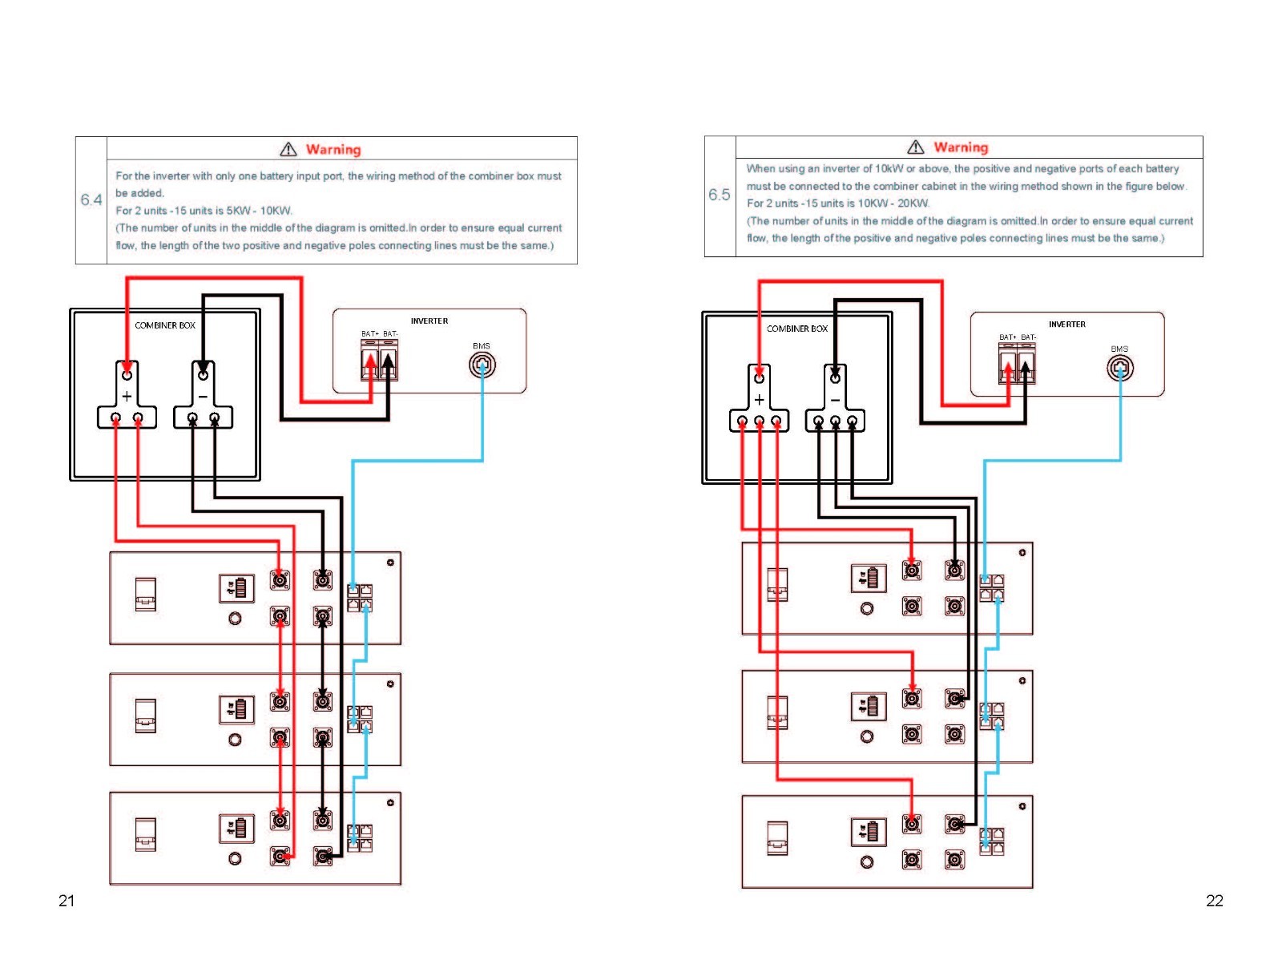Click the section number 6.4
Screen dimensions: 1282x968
91,200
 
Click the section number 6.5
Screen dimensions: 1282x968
719,195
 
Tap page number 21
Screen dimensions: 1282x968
67,900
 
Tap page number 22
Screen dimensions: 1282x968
1214,900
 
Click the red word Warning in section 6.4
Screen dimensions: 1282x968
333,150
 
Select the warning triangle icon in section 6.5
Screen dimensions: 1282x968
915,147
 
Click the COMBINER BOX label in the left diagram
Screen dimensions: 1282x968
165,325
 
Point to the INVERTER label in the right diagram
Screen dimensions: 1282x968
1066,324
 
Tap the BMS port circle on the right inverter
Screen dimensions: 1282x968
1119,369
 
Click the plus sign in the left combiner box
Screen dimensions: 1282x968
127,397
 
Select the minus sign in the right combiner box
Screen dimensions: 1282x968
835,400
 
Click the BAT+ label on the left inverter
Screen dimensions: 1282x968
369,334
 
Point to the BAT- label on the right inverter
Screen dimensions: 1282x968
1029,337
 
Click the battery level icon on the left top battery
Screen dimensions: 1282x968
236,588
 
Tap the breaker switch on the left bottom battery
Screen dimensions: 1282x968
146,834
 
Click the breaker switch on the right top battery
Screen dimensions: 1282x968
776,584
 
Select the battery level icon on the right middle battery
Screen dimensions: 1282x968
869,707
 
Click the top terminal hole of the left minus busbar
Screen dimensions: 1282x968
203,375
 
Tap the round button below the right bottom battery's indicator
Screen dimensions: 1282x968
867,861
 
